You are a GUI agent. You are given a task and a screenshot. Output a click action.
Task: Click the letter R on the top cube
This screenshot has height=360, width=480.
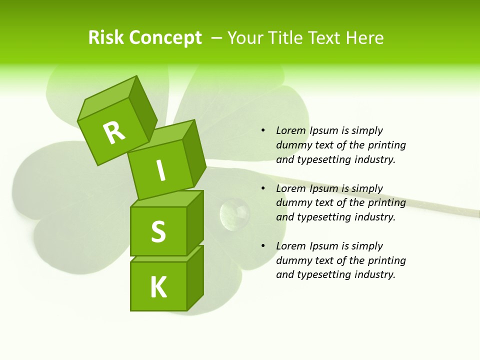(114, 133)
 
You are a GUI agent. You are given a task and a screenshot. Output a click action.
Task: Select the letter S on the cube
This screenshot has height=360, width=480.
(158, 231)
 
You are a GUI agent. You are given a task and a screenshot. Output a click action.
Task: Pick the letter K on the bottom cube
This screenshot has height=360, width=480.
(158, 287)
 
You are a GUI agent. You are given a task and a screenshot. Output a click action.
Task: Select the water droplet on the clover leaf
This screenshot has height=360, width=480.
(234, 212)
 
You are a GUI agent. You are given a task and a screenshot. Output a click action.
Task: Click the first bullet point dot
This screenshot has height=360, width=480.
(263, 131)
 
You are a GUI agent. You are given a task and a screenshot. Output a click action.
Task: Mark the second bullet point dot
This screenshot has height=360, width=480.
(263, 189)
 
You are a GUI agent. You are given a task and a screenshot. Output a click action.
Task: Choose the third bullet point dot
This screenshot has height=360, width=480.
(263, 246)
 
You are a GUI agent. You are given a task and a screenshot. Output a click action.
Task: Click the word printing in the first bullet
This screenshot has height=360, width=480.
(387, 145)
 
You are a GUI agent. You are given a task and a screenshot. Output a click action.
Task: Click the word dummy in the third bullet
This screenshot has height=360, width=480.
(292, 260)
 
